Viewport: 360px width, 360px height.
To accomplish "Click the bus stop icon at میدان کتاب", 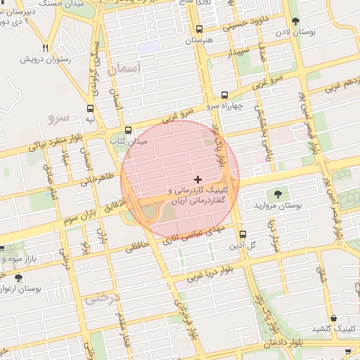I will (129, 130).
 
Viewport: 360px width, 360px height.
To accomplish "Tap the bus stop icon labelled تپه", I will (90, 109).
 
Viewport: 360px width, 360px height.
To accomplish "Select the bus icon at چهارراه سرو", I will (224, 95).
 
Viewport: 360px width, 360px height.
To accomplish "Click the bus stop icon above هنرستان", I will (200, 30).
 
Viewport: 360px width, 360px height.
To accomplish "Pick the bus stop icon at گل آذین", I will (243, 235).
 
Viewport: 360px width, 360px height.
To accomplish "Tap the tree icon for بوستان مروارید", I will (279, 194).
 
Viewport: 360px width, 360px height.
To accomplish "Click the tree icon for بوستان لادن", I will (295, 21).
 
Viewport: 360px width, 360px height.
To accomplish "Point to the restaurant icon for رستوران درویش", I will (46, 48).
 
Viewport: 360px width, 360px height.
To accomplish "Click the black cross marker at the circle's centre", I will (198, 179).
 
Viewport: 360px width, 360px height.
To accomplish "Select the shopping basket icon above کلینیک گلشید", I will (333, 318).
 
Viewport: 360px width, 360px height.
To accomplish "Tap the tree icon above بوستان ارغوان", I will (28, 278).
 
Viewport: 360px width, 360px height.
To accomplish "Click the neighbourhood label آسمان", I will (126, 69).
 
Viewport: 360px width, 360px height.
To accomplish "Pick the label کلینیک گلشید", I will (333, 330).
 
